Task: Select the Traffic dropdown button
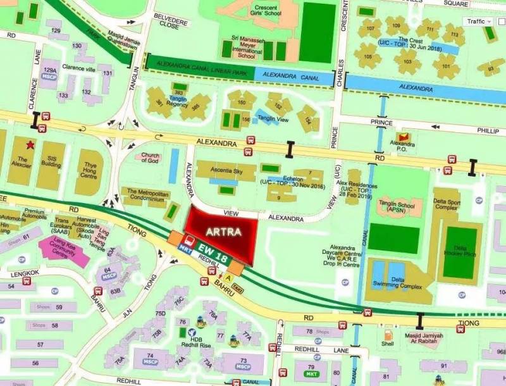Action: click(479, 22)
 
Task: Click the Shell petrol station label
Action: click(387, 344)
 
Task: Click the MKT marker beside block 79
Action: click(311, 375)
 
